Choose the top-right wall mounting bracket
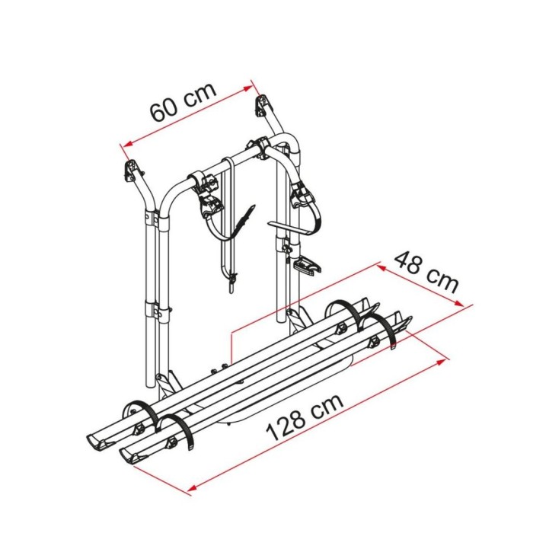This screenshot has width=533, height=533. coord(264,104)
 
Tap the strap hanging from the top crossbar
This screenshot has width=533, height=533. coord(228,221)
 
